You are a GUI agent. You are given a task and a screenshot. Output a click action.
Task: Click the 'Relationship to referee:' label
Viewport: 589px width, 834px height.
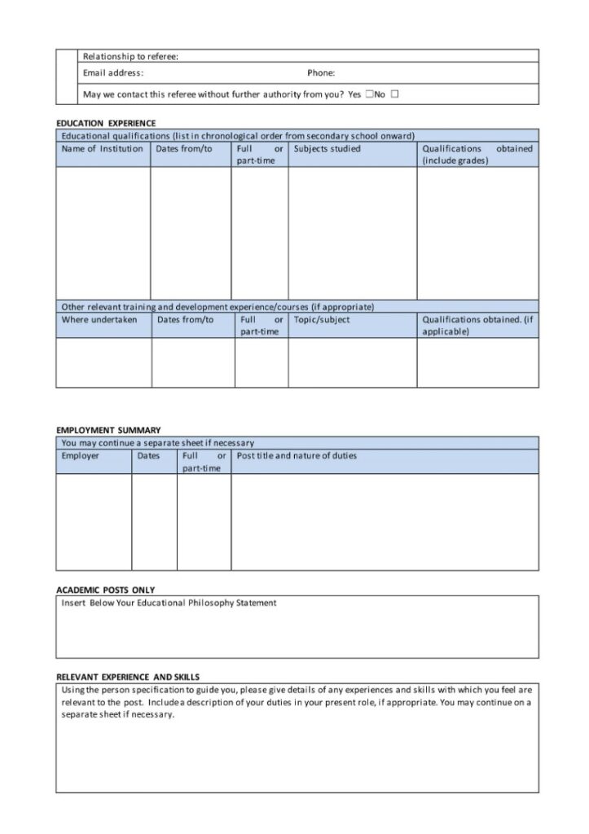tap(130, 56)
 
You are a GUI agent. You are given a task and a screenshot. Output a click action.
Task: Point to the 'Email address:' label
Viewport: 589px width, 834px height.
tap(113, 73)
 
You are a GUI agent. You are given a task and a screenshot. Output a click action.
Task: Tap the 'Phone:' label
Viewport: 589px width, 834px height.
tap(321, 73)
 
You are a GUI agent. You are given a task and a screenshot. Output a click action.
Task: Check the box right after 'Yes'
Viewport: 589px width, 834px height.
tap(369, 94)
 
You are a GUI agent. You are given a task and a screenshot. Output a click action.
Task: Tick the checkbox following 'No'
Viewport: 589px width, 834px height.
tap(395, 94)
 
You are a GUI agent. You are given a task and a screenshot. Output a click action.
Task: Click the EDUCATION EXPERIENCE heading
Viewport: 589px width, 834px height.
tap(106, 123)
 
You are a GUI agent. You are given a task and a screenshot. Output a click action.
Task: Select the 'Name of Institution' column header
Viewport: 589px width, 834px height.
tap(102, 149)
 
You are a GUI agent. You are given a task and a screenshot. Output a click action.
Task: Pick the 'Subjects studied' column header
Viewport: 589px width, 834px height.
tap(327, 149)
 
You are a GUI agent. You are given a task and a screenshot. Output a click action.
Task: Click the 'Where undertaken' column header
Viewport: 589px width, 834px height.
tap(99, 320)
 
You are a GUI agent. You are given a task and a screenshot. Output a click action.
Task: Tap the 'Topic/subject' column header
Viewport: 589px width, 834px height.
tap(322, 320)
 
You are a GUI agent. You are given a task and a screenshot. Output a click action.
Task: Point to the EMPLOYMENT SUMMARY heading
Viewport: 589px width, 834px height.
tap(108, 430)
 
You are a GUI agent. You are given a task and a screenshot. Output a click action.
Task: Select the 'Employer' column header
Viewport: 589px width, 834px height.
tap(80, 456)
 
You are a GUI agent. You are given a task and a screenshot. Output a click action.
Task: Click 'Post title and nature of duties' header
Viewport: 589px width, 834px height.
tap(297, 456)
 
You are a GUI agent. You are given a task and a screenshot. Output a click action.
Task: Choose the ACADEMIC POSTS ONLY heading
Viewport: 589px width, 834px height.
tap(105, 590)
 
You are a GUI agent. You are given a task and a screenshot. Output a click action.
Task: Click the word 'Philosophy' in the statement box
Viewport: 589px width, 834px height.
tap(213, 604)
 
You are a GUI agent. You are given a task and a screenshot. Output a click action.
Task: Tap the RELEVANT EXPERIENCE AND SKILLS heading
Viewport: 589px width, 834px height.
tap(128, 677)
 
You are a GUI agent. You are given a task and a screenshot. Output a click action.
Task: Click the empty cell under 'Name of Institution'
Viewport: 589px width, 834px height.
tap(103, 233)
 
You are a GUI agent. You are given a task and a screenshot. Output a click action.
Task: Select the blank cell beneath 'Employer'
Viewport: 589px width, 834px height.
tap(94, 521)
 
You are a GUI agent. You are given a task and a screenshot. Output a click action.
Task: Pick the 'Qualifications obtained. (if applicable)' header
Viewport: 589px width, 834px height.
tap(477, 326)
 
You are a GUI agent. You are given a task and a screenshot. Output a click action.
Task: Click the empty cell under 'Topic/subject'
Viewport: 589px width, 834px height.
tap(352, 362)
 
